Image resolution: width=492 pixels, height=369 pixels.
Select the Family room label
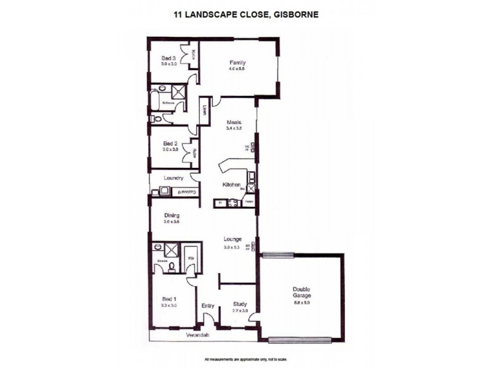click(238, 63)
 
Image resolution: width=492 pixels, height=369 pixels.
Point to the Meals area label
click(232, 122)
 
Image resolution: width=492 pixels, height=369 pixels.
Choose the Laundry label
click(174, 178)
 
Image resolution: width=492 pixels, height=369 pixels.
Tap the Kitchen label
click(231, 184)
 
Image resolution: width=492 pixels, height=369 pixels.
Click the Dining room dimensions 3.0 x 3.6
click(172, 222)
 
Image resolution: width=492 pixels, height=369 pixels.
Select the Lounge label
click(232, 239)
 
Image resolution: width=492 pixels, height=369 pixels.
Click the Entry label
click(208, 305)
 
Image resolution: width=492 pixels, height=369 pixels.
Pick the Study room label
click(240, 304)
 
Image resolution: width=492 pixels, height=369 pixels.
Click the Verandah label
click(199, 335)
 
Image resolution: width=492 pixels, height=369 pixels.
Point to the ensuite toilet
click(172, 266)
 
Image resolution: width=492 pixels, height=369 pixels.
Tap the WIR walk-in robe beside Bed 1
click(191, 258)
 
